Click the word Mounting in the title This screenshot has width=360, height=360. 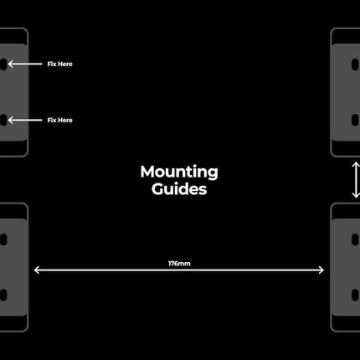pos(179,172)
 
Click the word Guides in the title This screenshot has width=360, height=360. pos(179,189)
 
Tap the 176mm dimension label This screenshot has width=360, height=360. pos(179,264)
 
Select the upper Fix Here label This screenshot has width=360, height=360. pos(59,64)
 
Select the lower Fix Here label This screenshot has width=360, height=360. pos(59,120)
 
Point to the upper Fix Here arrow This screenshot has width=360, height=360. pos(25,64)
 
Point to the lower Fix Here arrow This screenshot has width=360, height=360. pos(25,121)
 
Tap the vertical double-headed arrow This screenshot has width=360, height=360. pos(356,180)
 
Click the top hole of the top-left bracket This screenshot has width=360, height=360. pos(3,64)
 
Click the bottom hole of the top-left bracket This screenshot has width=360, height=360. pos(3,120)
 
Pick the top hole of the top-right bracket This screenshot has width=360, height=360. pos(355,64)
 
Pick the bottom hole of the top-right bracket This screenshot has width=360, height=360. pos(355,120)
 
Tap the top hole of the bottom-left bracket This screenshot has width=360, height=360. pos(3,239)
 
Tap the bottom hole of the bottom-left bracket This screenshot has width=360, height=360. pos(3,295)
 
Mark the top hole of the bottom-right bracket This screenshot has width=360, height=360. pos(355,239)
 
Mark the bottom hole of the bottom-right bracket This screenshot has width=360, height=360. pos(355,295)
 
